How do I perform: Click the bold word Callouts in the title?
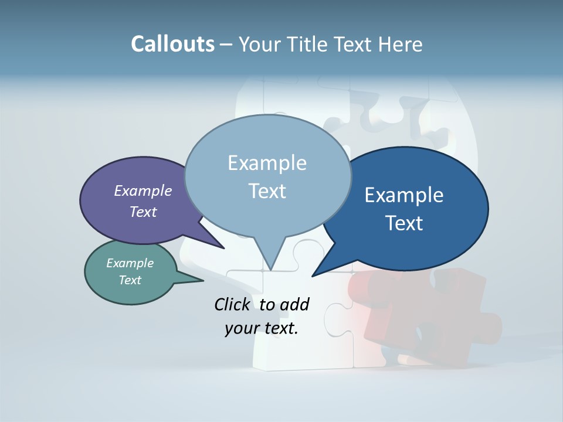click(173, 44)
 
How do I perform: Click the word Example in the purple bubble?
click(143, 190)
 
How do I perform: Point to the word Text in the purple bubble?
click(143, 212)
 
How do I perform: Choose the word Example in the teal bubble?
click(130, 263)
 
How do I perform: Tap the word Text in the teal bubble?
click(130, 280)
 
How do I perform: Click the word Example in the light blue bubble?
click(267, 163)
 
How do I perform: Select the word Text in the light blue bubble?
click(267, 191)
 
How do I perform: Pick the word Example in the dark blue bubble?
click(404, 195)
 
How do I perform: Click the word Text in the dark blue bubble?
click(404, 223)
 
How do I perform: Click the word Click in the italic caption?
click(232, 304)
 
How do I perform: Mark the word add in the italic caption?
click(294, 304)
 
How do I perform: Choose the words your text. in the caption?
click(262, 328)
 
